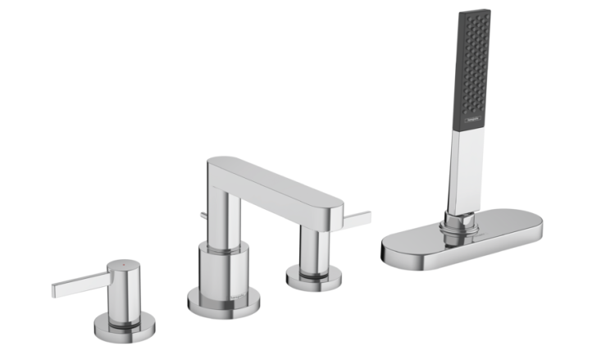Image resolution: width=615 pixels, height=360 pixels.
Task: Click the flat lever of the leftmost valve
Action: point(78,285)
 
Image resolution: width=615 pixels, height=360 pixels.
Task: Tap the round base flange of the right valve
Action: point(313,279)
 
